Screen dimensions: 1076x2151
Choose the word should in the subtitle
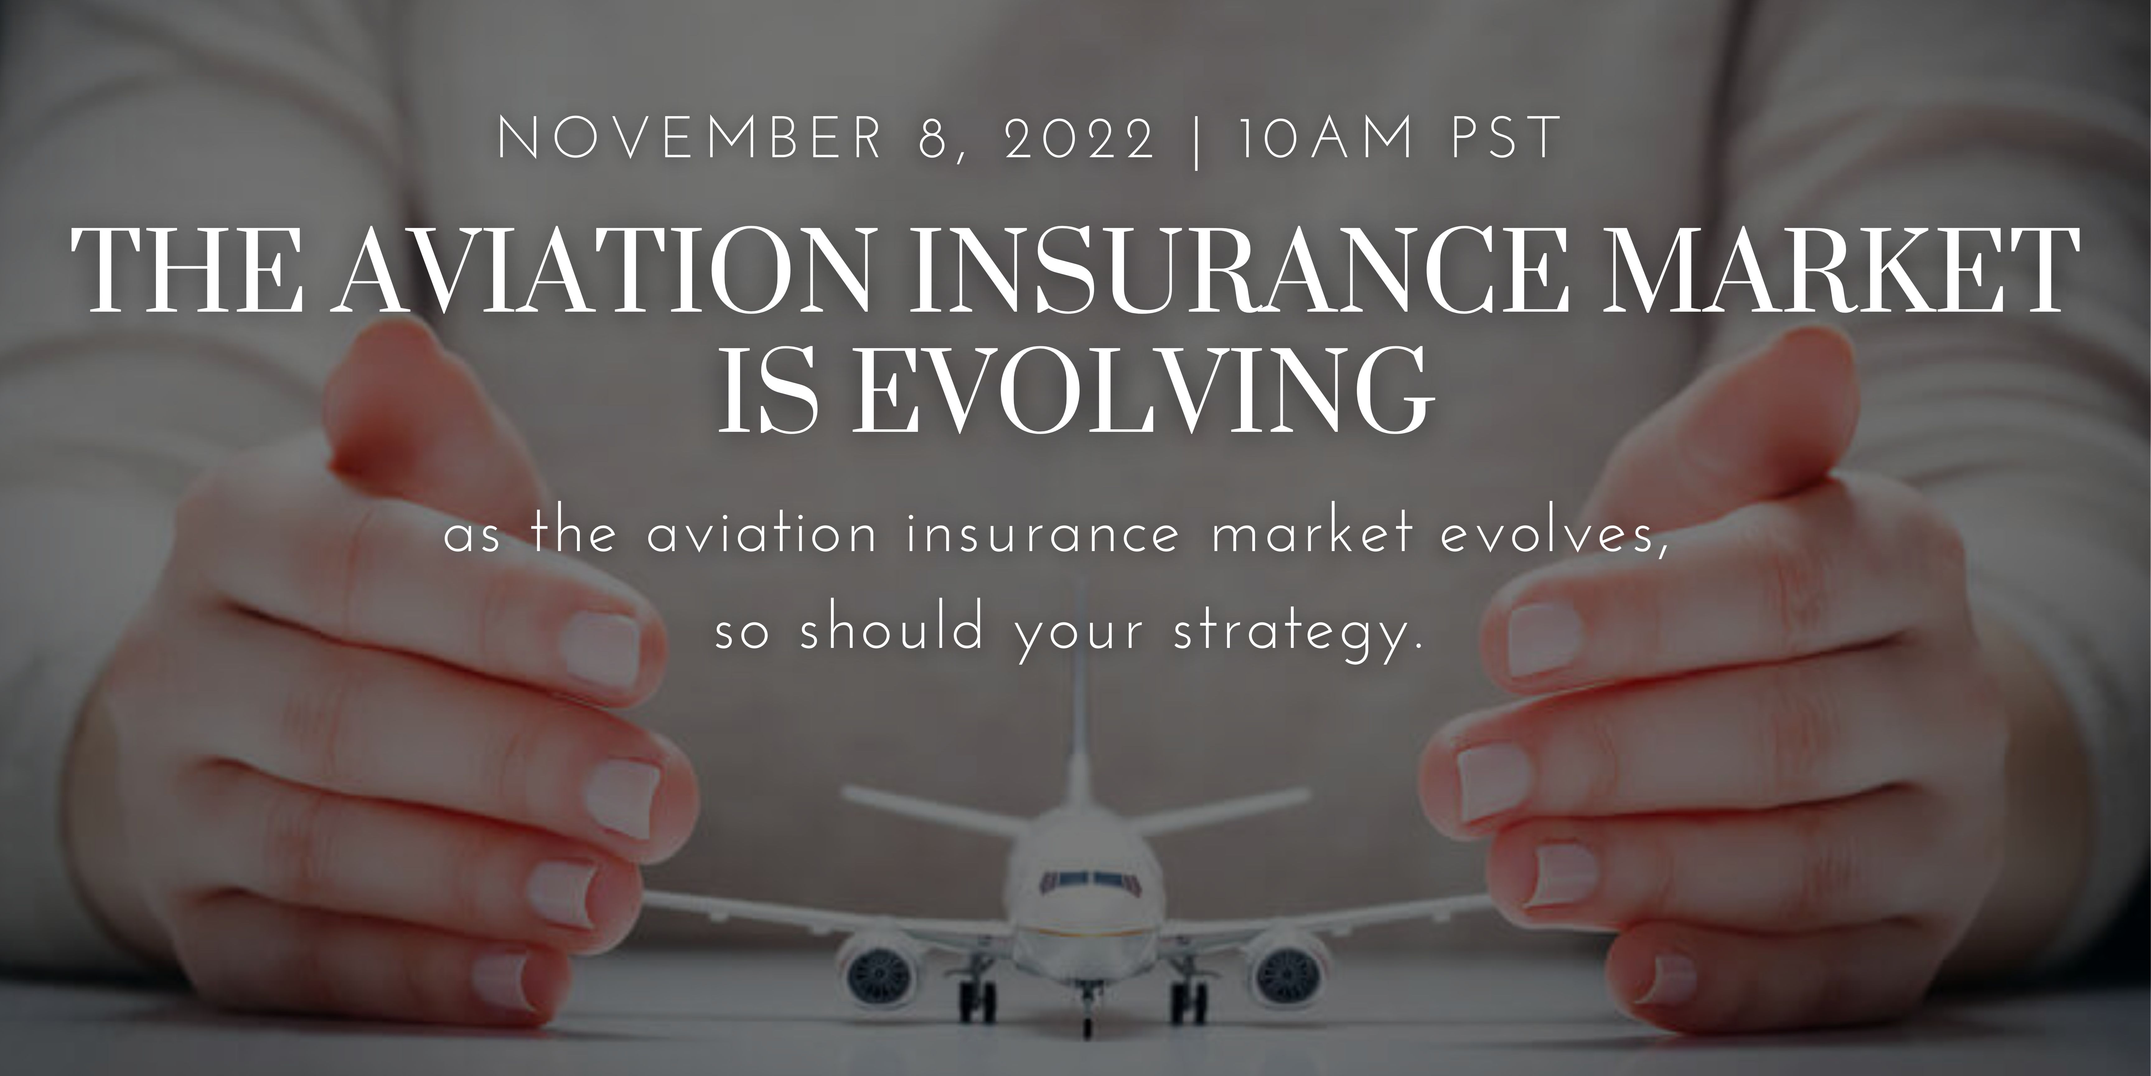tap(889, 631)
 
